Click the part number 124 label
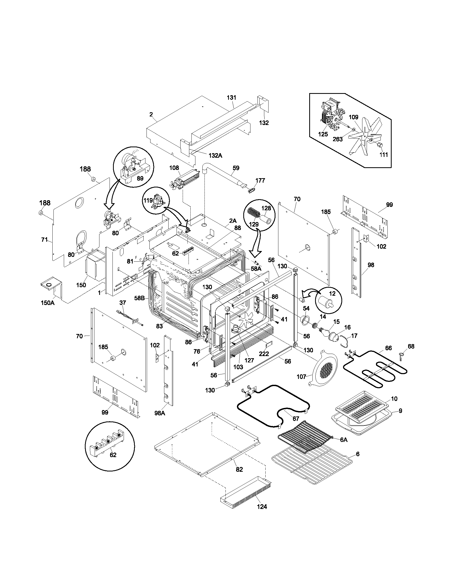pos(262,507)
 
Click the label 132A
pos(216,155)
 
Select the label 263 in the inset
pos(337,139)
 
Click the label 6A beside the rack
pos(344,440)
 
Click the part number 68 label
pos(411,346)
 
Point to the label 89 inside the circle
pos(140,178)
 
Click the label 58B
pos(140,298)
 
